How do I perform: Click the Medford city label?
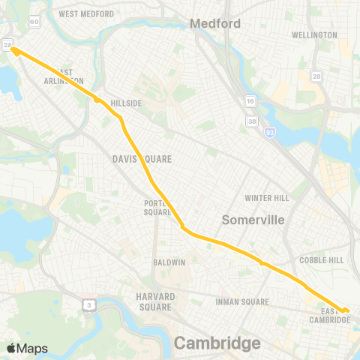click(215, 23)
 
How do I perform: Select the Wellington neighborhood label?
click(314, 35)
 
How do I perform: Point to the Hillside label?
click(126, 103)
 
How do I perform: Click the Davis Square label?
click(142, 159)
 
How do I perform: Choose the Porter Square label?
click(158, 207)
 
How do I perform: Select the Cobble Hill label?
click(322, 259)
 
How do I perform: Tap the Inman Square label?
click(242, 302)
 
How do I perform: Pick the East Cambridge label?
click(330, 315)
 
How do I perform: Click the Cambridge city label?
click(217, 343)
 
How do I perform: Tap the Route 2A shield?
click(7, 46)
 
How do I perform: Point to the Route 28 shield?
click(318, 77)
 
